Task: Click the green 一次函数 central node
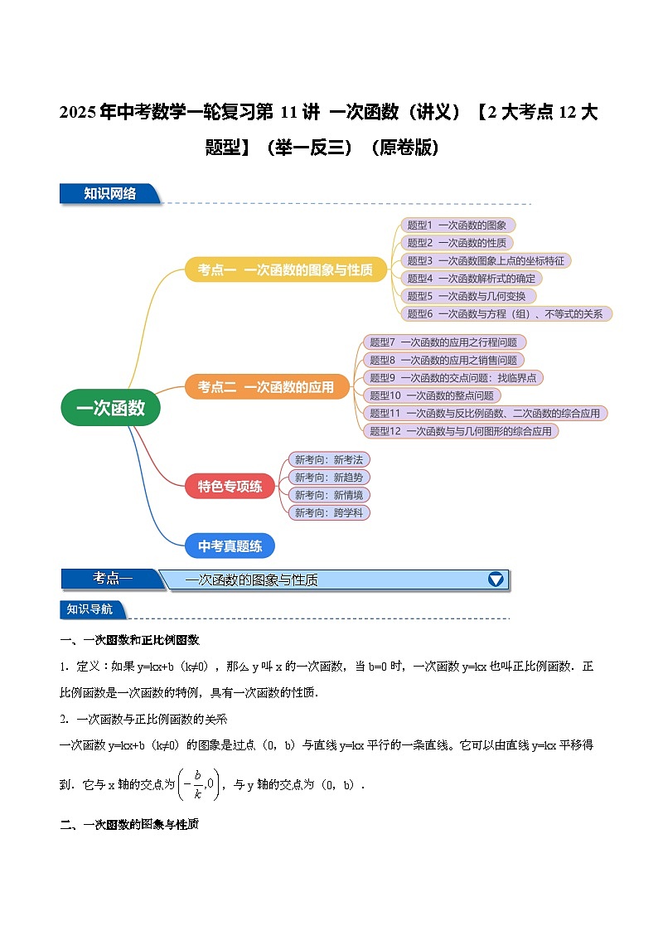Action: (110, 408)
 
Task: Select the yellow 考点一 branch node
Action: (285, 270)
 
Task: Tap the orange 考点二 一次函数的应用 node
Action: (266, 386)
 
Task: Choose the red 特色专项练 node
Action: (230, 486)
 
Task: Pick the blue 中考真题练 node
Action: (230, 546)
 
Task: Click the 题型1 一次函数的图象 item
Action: (457, 225)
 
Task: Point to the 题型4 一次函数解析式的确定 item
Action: (471, 279)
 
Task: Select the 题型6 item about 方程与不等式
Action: (506, 314)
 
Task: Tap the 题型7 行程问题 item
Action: (443, 342)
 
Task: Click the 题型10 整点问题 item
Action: (431, 395)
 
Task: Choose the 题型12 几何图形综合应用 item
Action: (460, 431)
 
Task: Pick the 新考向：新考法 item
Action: (329, 459)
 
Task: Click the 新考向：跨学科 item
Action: (329, 513)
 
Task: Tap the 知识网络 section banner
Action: (109, 194)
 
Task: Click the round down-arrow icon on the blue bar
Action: (496, 579)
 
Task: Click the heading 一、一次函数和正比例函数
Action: (130, 640)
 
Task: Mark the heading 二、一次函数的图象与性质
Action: (130, 825)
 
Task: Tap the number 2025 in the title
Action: (78, 113)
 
